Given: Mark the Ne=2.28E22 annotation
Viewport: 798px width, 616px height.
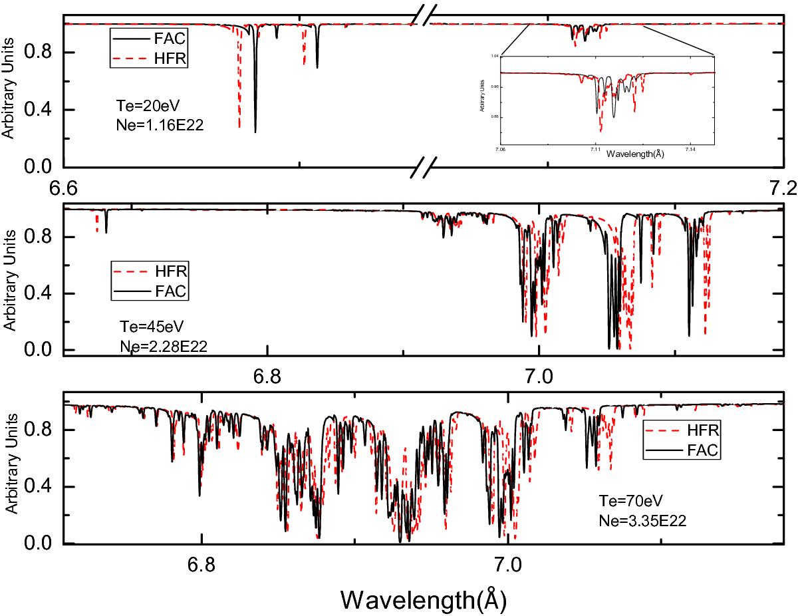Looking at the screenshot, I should (x=158, y=344).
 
